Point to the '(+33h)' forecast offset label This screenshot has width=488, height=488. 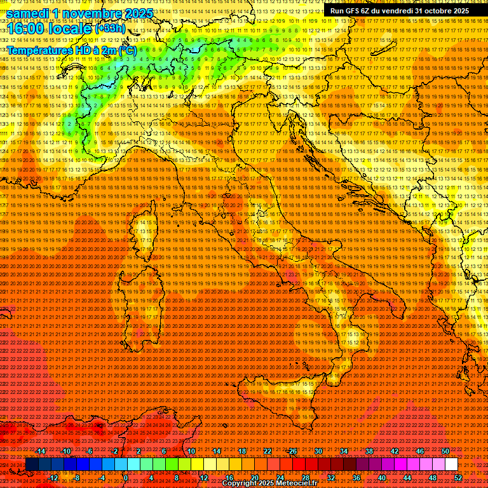click(x=112, y=29)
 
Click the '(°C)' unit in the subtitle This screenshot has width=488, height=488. click(x=127, y=50)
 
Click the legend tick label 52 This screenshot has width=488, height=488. click(x=458, y=478)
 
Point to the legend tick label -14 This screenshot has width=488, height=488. click(x=41, y=451)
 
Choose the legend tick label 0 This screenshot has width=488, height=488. click(x=126, y=478)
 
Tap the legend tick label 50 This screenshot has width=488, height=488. click(x=445, y=451)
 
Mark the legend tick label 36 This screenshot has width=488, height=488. click(x=356, y=478)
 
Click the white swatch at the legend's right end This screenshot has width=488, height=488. click(x=451, y=464)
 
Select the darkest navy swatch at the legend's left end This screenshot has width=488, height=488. click(x=31, y=464)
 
